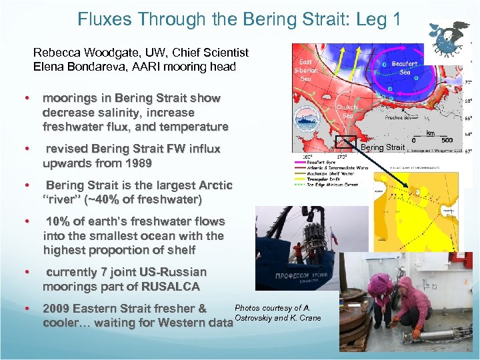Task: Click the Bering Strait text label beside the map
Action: (x=382, y=147)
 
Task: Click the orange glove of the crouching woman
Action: (x=417, y=331)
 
